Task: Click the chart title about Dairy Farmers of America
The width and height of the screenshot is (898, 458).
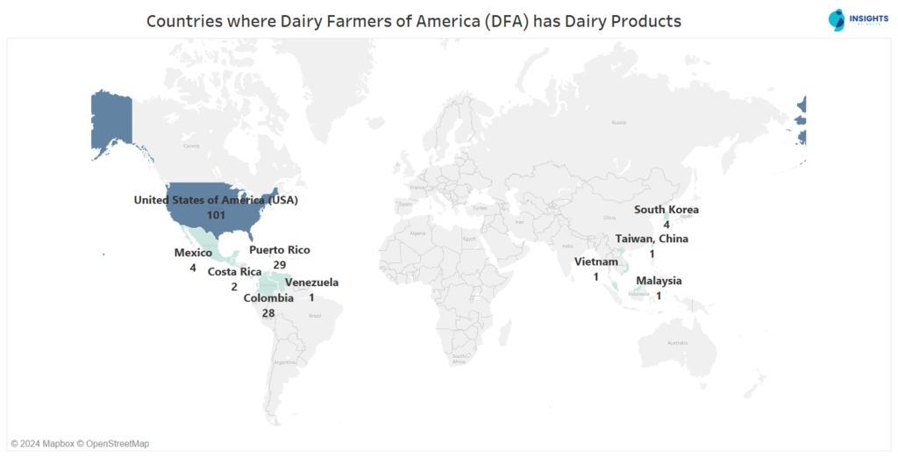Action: pyautogui.click(x=413, y=21)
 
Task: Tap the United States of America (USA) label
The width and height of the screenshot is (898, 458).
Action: pyautogui.click(x=216, y=200)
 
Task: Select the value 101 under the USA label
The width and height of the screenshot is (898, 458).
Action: pyautogui.click(x=216, y=215)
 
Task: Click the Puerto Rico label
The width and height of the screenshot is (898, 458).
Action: pyautogui.click(x=279, y=250)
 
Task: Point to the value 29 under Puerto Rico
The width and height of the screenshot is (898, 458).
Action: pyautogui.click(x=279, y=264)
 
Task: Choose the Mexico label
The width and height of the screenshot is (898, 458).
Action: pyautogui.click(x=193, y=254)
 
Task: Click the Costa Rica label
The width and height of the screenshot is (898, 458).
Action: pyautogui.click(x=234, y=272)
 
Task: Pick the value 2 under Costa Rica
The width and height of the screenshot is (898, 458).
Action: pyautogui.click(x=234, y=286)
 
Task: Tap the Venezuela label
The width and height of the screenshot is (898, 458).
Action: pyautogui.click(x=311, y=283)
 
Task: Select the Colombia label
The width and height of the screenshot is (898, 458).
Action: pyautogui.click(x=268, y=298)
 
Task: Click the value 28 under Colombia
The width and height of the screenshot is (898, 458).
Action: pyautogui.click(x=268, y=312)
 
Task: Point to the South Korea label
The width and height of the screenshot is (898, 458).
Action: pyautogui.click(x=666, y=210)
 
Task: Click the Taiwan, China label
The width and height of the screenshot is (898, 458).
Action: pyautogui.click(x=652, y=239)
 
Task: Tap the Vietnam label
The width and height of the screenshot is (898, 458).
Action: pyautogui.click(x=596, y=262)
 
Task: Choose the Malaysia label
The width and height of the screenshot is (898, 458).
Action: pyautogui.click(x=659, y=281)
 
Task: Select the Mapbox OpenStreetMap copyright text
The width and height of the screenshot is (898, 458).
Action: pyautogui.click(x=80, y=443)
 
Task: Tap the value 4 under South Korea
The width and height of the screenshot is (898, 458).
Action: pyautogui.click(x=666, y=225)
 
